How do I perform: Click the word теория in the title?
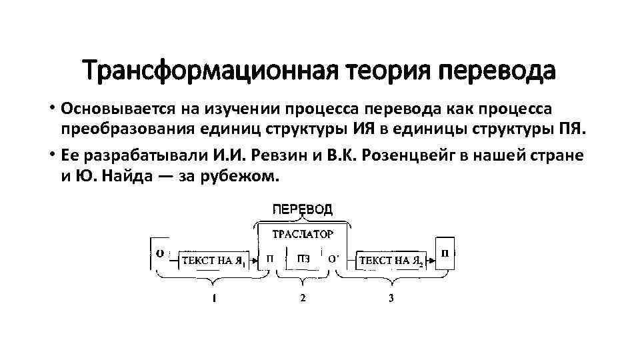pyautogui.click(x=375, y=70)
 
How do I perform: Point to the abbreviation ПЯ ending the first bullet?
pyautogui.click(x=573, y=129)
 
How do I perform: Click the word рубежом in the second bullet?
pyautogui.click(x=247, y=177)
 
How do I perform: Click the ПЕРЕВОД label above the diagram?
pyautogui.click(x=301, y=209)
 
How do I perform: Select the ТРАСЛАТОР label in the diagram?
pyautogui.click(x=301, y=234)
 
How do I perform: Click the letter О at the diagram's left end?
pyautogui.click(x=160, y=253)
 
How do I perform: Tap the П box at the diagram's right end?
pyautogui.click(x=445, y=253)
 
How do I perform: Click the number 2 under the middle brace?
pyautogui.click(x=303, y=298)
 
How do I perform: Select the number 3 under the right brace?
pyautogui.click(x=391, y=298)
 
